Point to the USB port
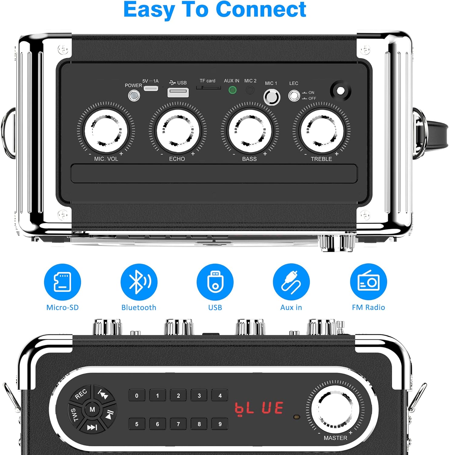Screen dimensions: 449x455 (178, 93)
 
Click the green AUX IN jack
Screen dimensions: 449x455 (232, 90)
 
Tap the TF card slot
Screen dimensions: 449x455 (208, 88)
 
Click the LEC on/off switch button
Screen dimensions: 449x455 (294, 96)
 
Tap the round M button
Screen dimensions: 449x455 (92, 409)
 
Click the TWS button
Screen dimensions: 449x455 (74, 414)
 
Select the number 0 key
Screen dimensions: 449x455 (137, 396)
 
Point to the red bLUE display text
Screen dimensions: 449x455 (259, 408)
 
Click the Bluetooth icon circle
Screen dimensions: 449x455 (139, 282)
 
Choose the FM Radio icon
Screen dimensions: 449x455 (368, 282)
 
